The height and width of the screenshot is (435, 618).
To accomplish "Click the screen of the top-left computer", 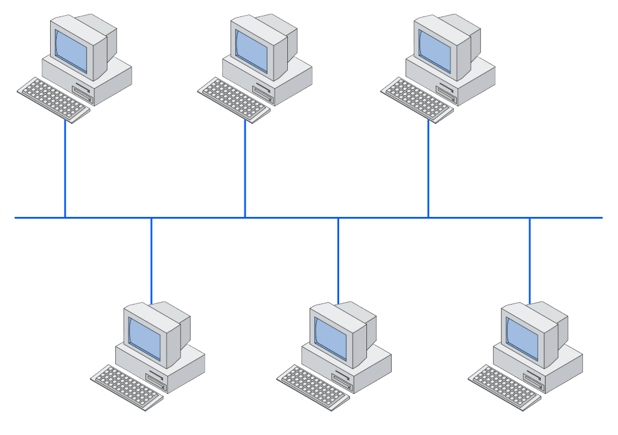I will pos(71,50).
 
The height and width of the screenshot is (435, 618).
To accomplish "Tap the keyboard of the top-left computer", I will pos(53,100).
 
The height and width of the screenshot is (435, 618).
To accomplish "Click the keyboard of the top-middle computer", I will pos(234,100).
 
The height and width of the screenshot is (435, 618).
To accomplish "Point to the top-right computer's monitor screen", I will pos(435,50).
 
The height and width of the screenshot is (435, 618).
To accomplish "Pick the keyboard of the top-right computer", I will pos(416,100).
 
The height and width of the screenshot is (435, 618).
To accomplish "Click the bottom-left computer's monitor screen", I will pos(144,337).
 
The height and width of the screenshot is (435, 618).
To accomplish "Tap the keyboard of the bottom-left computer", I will pos(127,387).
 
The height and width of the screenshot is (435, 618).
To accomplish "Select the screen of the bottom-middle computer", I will pos(331,337).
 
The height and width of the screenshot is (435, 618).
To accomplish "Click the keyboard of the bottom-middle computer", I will pos(313,387).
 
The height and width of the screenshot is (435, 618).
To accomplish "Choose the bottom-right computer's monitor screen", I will pos(522,337).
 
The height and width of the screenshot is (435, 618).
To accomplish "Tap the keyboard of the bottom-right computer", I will pos(505,387).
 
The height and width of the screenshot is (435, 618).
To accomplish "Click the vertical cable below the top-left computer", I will pos(65,169).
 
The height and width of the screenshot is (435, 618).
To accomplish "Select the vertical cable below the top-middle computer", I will pos(245,169).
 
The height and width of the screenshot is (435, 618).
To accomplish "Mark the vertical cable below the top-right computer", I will pos(428,169).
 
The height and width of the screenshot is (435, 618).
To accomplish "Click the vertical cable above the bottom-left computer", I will pos(151,260).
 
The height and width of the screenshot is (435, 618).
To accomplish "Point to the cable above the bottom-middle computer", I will pos(338,260).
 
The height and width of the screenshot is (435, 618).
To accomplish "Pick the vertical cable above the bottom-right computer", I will pos(530,260).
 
